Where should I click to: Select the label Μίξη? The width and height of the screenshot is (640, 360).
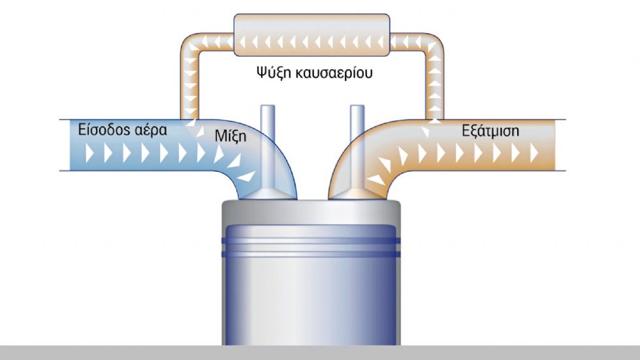point(231,136)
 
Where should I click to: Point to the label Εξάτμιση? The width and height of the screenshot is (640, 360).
point(490,131)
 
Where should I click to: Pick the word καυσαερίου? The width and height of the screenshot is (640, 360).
point(334,73)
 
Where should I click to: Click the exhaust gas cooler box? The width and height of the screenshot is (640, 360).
point(312,35)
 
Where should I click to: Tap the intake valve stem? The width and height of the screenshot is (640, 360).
point(268,147)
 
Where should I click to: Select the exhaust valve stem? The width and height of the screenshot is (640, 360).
point(358,147)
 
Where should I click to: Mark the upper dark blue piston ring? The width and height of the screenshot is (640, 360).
point(311,241)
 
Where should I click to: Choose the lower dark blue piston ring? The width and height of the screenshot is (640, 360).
point(311,254)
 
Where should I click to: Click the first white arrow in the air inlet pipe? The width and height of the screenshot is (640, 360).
point(89,154)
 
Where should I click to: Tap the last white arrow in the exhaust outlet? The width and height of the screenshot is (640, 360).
point(534,154)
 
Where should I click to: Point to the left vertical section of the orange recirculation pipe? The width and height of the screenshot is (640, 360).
point(189,86)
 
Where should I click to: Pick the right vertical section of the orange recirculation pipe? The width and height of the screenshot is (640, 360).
point(435,86)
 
